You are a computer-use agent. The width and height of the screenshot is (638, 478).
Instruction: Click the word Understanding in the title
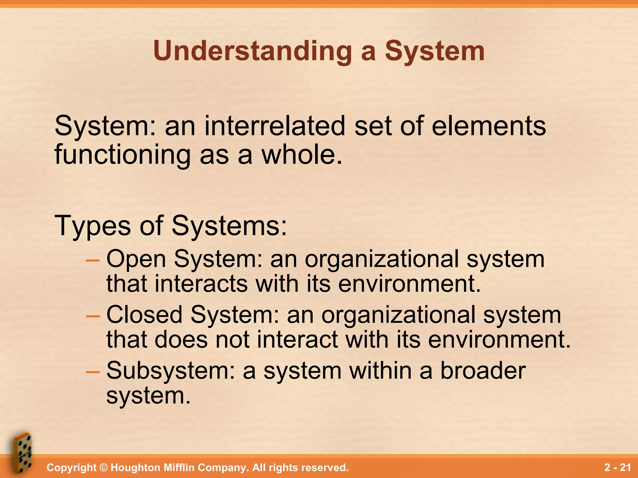pyautogui.click(x=252, y=51)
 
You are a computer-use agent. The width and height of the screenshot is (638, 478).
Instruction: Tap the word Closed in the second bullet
pyautogui.click(x=144, y=315)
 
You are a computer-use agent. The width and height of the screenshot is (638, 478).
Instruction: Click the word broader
pyautogui.click(x=483, y=371)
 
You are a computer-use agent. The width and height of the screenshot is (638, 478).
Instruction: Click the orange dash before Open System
pyautogui.click(x=93, y=260)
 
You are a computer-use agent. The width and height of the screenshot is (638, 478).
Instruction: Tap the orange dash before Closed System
pyautogui.click(x=93, y=316)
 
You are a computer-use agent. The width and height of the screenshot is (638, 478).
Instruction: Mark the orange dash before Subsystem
pyautogui.click(x=93, y=372)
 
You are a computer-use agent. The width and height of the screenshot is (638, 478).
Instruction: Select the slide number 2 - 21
pyautogui.click(x=617, y=467)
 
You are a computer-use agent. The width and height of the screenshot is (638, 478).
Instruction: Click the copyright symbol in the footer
pyautogui.click(x=103, y=468)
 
